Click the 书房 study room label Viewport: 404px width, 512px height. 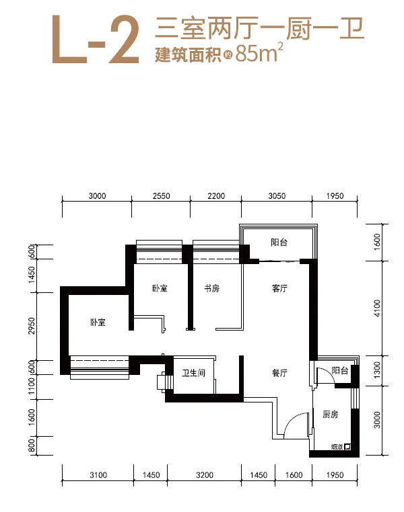(211, 288)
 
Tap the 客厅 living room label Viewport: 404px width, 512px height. (279, 288)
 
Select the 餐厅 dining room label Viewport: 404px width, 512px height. (279, 373)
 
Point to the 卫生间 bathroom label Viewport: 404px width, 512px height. (194, 373)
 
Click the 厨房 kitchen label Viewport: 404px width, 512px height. (330, 415)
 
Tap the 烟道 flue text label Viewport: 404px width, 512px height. (337, 447)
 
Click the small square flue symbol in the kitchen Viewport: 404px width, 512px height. (347, 447)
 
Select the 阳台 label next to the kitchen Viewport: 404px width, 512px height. (340, 370)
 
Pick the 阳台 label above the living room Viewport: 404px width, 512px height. (279, 243)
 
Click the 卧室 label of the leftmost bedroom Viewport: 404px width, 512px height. (98, 323)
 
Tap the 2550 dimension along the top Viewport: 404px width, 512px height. (162, 196)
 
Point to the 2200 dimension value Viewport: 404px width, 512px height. (216, 196)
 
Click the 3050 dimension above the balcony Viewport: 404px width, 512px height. (277, 196)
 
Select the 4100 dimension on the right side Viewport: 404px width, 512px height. (377, 308)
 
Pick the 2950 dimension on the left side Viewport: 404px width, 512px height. (32, 326)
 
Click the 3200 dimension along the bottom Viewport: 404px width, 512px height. (205, 475)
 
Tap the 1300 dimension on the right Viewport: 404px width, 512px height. (377, 370)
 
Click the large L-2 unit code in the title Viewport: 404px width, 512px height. (96, 39)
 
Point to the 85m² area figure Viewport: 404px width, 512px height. (259, 52)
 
